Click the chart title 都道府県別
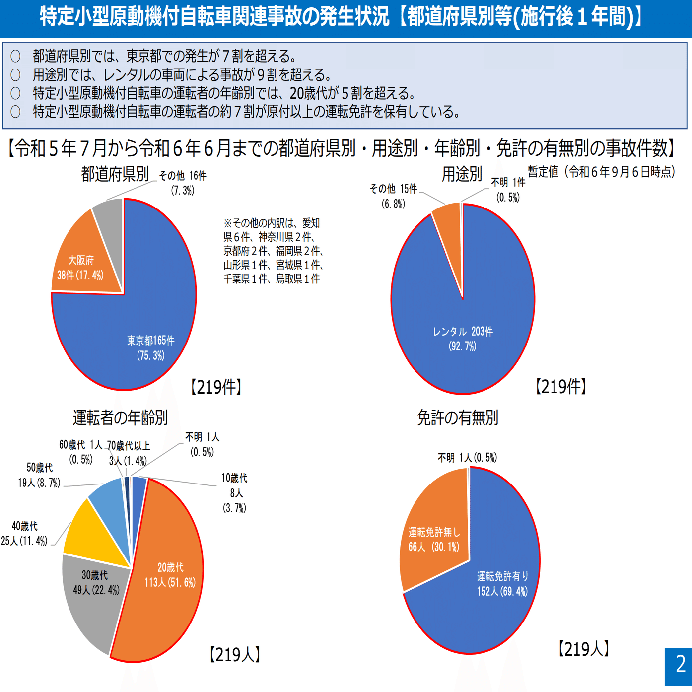[x=115, y=174]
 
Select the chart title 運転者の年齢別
[x=120, y=417]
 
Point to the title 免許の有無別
[x=457, y=417]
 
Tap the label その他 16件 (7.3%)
[x=183, y=183]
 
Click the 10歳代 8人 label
[x=235, y=492]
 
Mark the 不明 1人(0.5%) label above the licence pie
[x=467, y=458]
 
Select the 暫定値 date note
[x=601, y=172]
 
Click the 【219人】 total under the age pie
[x=235, y=654]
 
